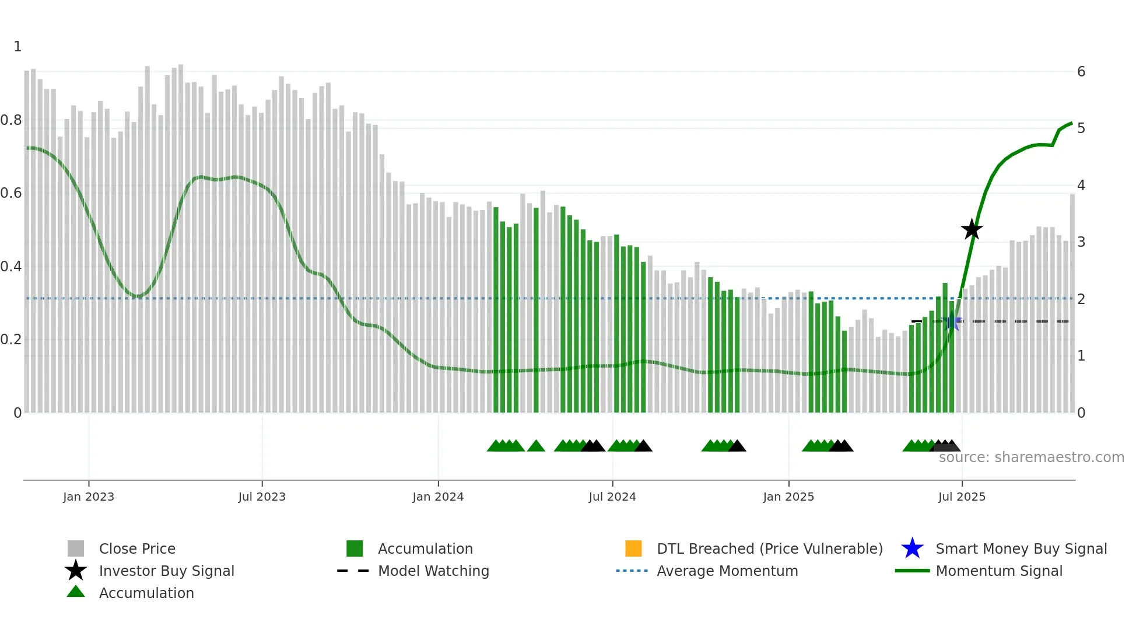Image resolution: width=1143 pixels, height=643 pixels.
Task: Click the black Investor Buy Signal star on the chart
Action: click(972, 229)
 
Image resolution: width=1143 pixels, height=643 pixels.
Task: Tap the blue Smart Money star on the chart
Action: click(952, 321)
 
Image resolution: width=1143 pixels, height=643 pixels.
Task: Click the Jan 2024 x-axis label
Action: click(438, 497)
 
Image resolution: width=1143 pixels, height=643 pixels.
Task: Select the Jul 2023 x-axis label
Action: click(262, 497)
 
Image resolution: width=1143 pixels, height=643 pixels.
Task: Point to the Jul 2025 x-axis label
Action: click(962, 497)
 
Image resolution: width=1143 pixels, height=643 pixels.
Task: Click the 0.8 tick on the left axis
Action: click(11, 120)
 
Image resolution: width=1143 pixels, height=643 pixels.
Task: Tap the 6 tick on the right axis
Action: click(1081, 72)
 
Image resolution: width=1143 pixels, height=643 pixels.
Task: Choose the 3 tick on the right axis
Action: click(1081, 242)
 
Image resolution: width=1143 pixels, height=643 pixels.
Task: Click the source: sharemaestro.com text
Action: click(1031, 457)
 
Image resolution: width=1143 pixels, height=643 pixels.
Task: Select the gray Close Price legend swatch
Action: click(76, 548)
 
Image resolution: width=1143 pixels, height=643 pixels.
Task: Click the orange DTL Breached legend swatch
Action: click(633, 548)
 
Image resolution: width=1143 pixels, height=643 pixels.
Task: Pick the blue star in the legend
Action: click(912, 548)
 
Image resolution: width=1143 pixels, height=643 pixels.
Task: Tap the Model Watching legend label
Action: click(433, 571)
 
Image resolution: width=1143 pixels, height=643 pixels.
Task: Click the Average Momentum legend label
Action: click(727, 571)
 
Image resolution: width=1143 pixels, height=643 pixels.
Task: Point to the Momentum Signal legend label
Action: click(999, 571)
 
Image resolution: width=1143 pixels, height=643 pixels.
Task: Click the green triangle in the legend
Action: click(76, 592)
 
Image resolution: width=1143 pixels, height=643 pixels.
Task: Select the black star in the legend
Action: click(76, 571)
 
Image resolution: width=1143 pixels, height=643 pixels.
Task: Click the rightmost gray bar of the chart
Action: click(1072, 303)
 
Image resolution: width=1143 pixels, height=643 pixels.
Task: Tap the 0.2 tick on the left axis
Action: click(11, 340)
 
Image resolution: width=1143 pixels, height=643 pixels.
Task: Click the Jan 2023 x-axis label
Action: click(89, 497)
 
